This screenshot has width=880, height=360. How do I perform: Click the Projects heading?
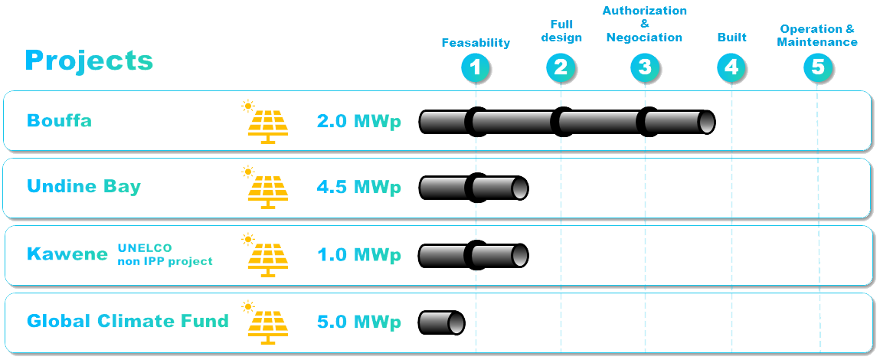pos(89,60)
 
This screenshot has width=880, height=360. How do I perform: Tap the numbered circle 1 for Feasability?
pos(476,68)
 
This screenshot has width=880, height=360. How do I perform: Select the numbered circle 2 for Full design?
pos(561,68)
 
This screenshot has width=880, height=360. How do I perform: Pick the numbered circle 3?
pos(645,68)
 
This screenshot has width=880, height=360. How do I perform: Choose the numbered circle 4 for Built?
pos(731,68)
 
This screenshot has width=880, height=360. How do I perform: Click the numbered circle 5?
pos(818,68)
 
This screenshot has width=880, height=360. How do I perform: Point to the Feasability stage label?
pos(476,43)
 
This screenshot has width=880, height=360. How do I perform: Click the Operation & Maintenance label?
pos(817,35)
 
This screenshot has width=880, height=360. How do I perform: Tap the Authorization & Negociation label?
pos(644,25)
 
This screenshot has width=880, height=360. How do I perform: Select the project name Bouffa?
pos(59,120)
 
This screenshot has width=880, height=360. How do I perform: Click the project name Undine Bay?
pos(83,187)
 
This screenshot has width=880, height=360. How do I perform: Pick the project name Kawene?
pos(67,254)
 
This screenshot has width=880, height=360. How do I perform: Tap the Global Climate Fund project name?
pos(128,321)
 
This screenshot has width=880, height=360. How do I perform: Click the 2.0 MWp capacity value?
pos(359,121)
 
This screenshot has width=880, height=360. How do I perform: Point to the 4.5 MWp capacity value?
pos(359,187)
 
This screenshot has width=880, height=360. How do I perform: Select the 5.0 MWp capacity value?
pos(359,322)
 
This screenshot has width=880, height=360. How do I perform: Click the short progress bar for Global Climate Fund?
pos(442,322)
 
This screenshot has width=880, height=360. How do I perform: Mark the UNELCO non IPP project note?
pos(165,254)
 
